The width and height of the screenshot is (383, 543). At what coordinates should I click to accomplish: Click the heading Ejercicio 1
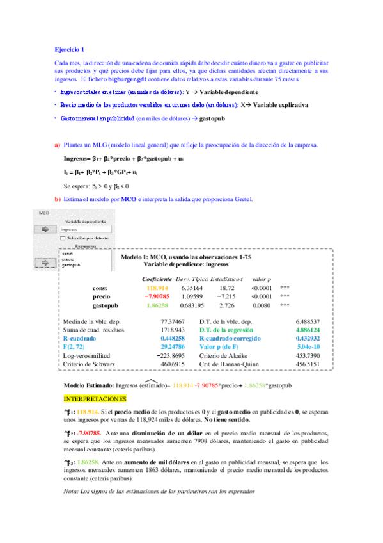point(69,49)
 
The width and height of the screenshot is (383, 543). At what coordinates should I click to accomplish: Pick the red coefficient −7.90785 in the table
point(157,297)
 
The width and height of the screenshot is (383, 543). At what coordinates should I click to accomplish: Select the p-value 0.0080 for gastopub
point(261,306)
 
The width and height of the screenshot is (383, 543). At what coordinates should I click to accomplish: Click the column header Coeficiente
point(157,279)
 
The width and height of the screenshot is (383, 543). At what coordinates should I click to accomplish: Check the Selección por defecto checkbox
point(61,237)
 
